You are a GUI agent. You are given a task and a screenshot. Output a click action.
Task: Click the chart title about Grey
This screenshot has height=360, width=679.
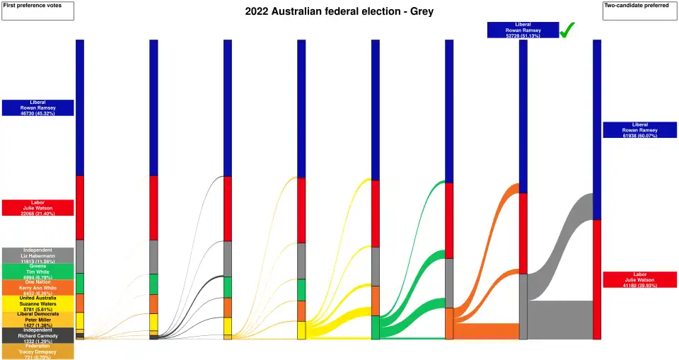[339, 12]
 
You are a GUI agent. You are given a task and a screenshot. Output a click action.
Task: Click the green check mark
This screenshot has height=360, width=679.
[567, 30]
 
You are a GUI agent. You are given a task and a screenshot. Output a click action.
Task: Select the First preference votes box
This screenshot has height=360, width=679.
[37, 11]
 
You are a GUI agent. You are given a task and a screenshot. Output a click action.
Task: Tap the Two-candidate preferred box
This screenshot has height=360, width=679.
[640, 11]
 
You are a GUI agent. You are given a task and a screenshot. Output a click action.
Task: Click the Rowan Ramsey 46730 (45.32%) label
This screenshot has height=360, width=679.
[37, 108]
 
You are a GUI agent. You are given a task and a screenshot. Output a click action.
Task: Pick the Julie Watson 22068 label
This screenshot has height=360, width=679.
[37, 207]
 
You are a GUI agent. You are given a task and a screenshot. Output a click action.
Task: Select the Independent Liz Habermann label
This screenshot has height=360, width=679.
[37, 255]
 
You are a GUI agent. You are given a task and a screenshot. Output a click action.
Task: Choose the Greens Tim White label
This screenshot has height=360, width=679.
[37, 272]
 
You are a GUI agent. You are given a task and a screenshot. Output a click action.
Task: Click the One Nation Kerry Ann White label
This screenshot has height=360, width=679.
[37, 287]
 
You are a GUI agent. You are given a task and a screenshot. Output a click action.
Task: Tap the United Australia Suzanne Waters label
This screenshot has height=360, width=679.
[37, 303]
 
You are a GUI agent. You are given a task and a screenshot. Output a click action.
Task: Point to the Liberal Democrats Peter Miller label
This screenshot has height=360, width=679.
[37, 319]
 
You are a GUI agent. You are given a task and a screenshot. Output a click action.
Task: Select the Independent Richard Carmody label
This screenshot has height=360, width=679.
[37, 335]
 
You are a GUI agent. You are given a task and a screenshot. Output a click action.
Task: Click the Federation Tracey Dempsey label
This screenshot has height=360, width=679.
[37, 352]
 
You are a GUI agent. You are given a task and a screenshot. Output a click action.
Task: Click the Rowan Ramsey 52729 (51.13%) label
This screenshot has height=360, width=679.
[523, 30]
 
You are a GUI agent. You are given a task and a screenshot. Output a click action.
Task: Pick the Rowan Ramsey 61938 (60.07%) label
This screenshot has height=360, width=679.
[640, 129]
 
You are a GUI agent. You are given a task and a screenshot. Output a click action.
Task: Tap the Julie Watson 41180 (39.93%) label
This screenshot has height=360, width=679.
[640, 279]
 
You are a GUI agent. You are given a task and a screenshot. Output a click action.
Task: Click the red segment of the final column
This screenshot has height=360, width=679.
[597, 279]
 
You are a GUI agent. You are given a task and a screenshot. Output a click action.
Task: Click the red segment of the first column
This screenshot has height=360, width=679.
[80, 207]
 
